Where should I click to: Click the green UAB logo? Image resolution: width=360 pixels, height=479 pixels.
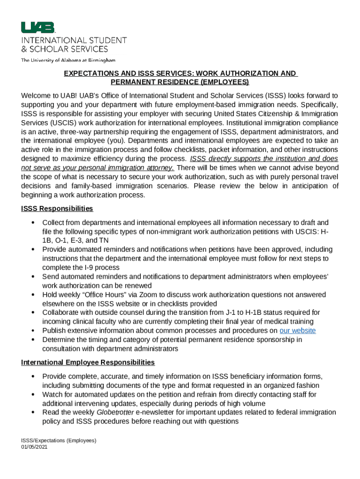coord(37,28)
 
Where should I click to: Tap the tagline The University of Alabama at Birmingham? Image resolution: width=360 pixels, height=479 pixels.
coord(68,60)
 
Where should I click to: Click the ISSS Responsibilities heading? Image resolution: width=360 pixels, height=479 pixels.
coord(57,208)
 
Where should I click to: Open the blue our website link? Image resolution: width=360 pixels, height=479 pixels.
coord(297,331)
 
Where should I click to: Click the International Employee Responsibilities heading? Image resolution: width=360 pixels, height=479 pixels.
coord(88,362)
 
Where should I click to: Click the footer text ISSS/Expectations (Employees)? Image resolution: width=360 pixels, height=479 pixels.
coord(58,440)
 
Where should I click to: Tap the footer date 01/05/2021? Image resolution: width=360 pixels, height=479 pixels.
coord(34,447)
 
